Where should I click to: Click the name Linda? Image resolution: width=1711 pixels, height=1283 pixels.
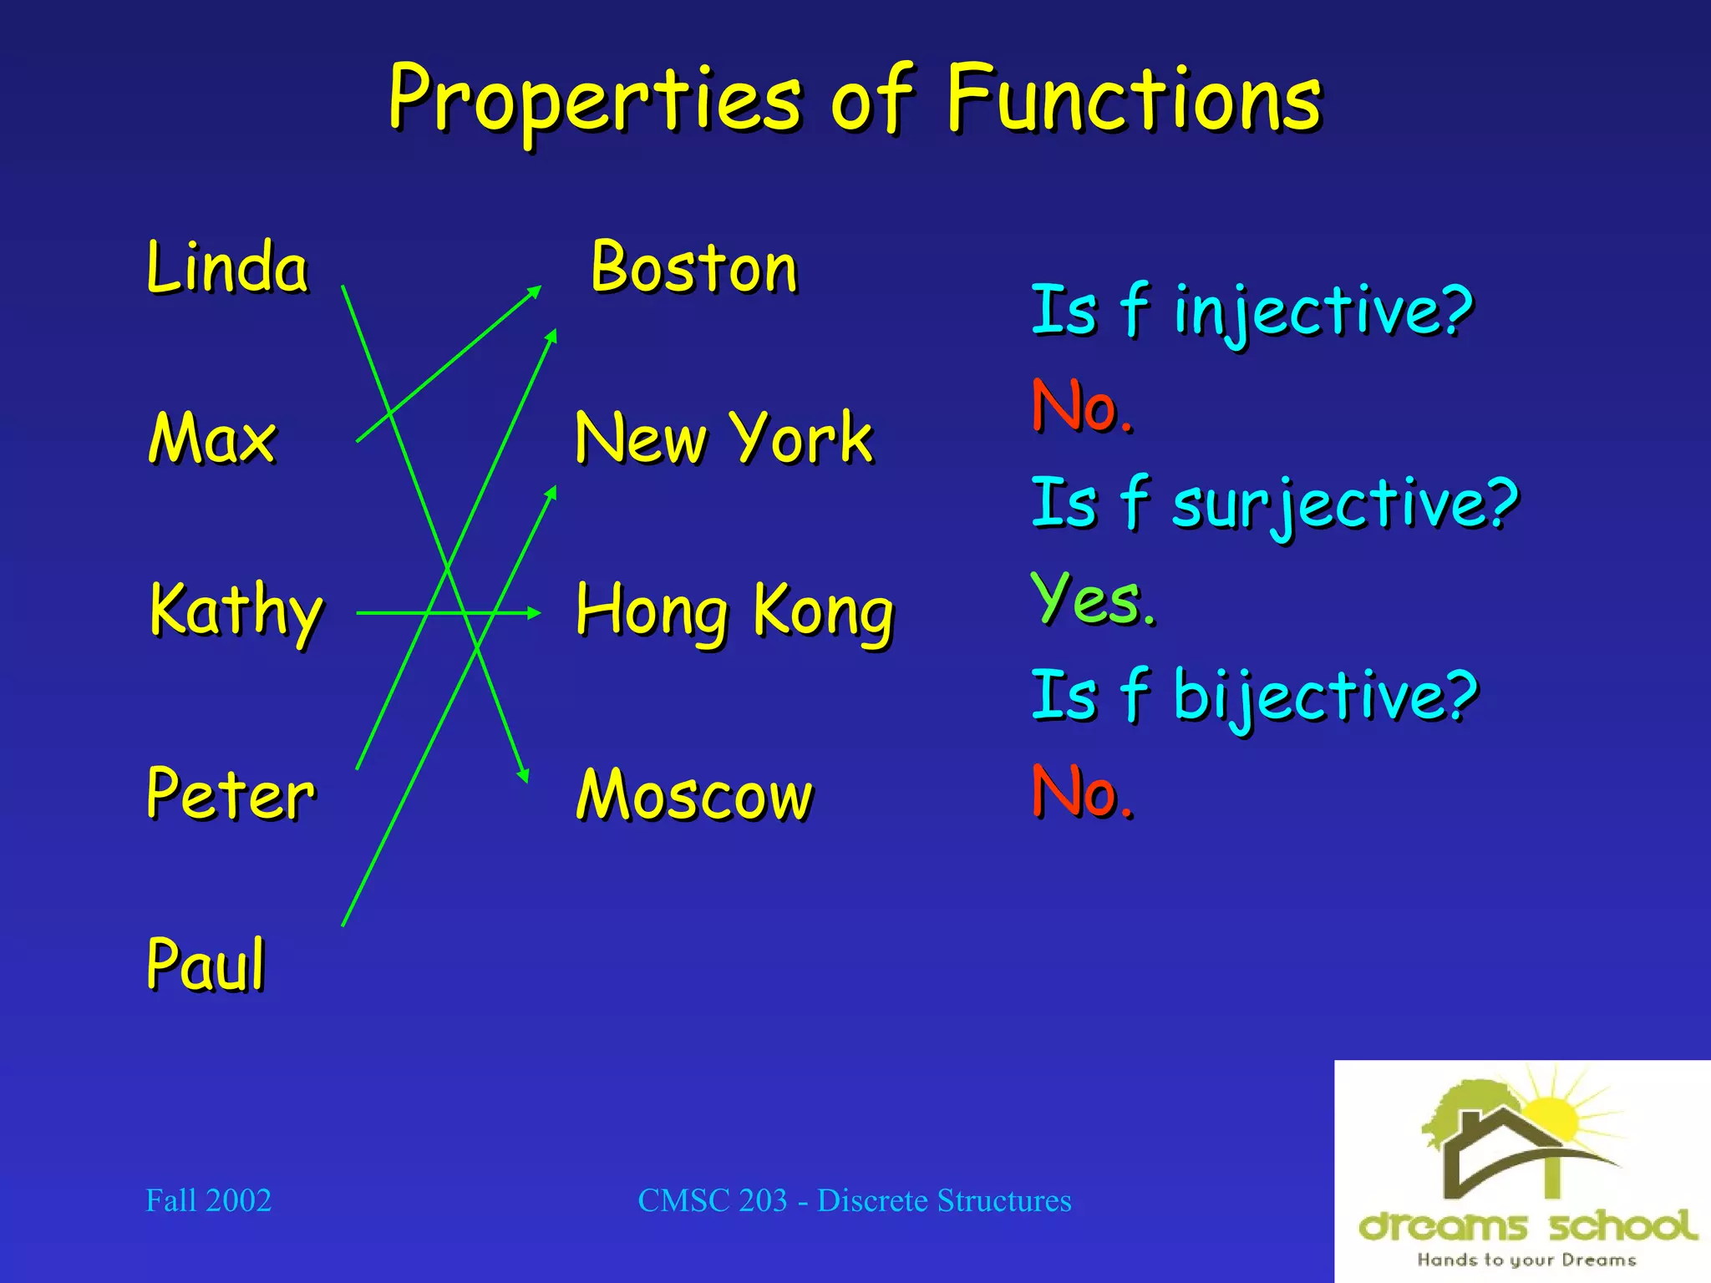coord(227,267)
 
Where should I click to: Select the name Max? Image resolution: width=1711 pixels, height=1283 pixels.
coord(212,439)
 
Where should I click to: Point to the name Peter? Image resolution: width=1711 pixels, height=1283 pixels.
coord(231,794)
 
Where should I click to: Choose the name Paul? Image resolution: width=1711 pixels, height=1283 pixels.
coord(206,964)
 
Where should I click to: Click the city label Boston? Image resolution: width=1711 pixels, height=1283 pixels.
coord(694,268)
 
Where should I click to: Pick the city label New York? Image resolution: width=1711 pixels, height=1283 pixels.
coord(723,439)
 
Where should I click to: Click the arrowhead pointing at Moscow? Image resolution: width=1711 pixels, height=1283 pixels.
coord(524,775)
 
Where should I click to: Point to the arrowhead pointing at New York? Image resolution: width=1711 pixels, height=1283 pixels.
coord(551,493)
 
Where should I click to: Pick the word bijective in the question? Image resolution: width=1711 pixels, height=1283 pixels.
coord(1325,695)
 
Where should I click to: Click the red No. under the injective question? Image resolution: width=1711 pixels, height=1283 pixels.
coord(1082,407)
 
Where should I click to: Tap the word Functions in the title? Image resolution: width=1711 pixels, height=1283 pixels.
coord(1134,100)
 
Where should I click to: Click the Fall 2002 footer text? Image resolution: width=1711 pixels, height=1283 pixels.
coord(209,1200)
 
